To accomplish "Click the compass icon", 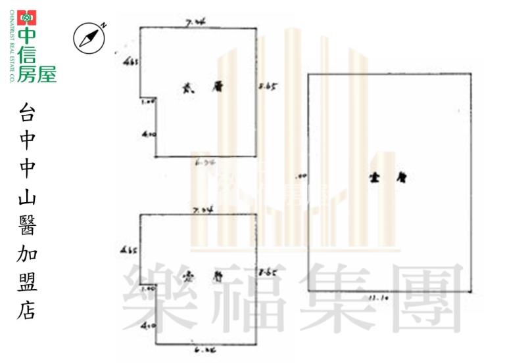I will tap(88, 37).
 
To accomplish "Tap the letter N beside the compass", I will tap(103, 25).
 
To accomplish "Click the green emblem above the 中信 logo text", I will tap(27, 17).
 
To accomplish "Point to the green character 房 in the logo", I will tap(27, 74).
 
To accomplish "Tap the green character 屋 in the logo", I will tap(46, 74).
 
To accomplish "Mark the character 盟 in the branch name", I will tap(27, 283).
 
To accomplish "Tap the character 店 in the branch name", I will tap(27, 310).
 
